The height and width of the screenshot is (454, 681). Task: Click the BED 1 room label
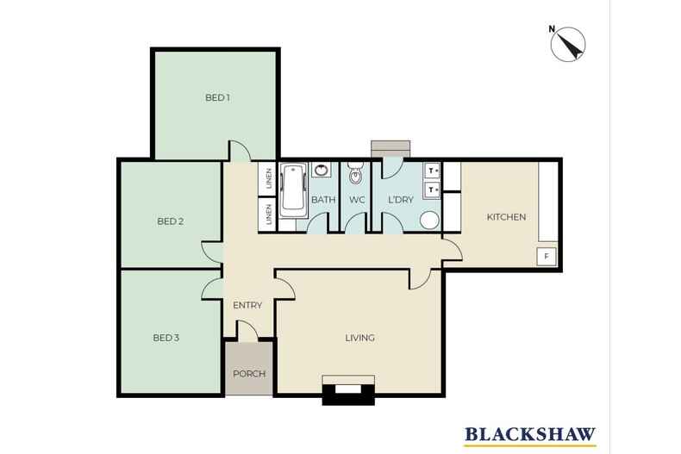point(217,97)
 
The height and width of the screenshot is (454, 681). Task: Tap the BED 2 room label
point(170,221)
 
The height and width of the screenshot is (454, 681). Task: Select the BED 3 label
point(166,338)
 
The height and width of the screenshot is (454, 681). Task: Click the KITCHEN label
point(506,217)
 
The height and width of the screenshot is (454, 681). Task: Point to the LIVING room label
point(359,338)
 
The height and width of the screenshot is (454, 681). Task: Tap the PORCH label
point(249,374)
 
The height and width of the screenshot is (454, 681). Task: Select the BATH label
point(323,200)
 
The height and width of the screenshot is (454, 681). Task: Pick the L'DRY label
point(401,200)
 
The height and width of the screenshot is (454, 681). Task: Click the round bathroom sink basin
point(322,170)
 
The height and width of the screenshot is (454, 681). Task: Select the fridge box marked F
point(547,256)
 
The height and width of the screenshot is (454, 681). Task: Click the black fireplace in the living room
point(347,391)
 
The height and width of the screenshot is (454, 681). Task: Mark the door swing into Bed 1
point(240,151)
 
